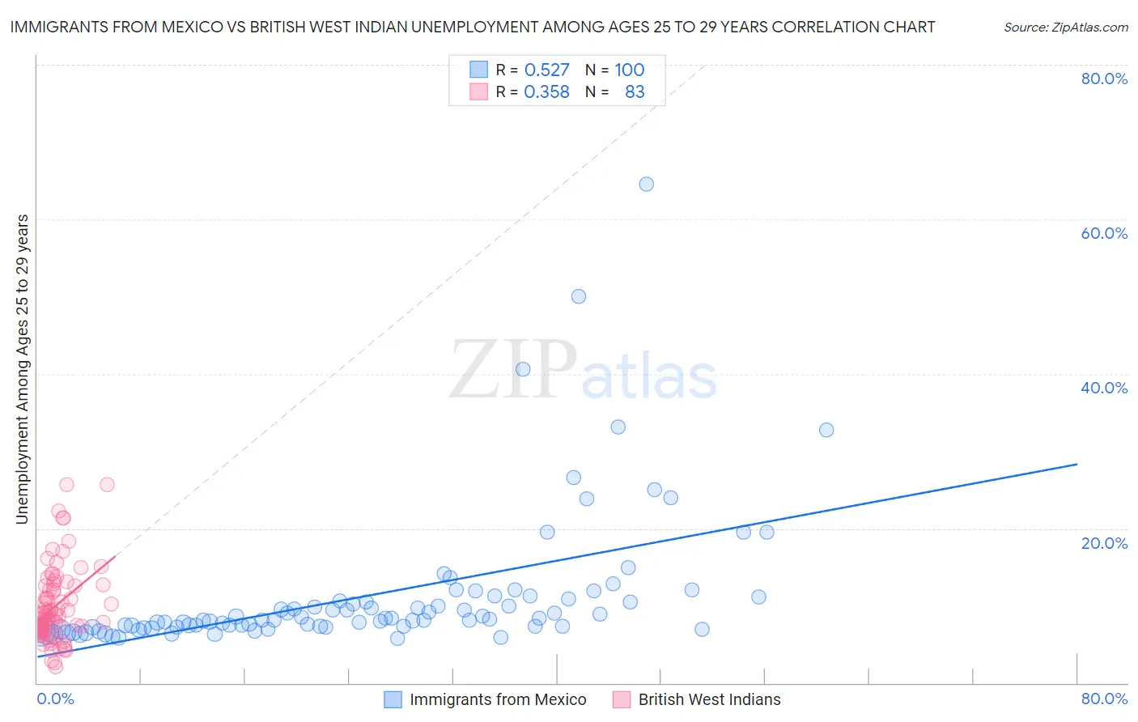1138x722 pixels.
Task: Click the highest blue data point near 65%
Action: [646, 184]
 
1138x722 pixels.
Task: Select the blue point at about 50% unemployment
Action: [578, 296]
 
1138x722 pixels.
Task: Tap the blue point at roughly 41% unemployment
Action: [523, 369]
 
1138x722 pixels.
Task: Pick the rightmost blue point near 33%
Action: [826, 430]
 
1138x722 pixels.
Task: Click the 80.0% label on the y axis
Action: [1104, 79]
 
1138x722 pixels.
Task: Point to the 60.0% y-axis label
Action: [1104, 233]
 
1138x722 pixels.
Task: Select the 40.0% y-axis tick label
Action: [1104, 388]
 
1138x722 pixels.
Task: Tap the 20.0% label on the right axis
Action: [1104, 543]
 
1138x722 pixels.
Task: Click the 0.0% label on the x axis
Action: [55, 699]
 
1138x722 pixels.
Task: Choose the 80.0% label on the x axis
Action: [1104, 699]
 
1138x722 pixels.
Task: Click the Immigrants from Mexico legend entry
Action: [497, 699]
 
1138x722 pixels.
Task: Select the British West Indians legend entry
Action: [709, 699]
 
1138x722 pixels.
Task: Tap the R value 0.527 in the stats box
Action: [546, 70]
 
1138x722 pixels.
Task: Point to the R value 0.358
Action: [546, 92]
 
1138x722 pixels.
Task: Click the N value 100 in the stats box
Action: [629, 70]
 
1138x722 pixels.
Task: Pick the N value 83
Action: [635, 92]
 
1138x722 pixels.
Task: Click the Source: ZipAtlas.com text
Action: [1065, 28]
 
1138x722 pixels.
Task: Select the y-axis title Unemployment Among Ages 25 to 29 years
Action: [23, 369]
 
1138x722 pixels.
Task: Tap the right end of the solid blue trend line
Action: [1076, 464]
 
